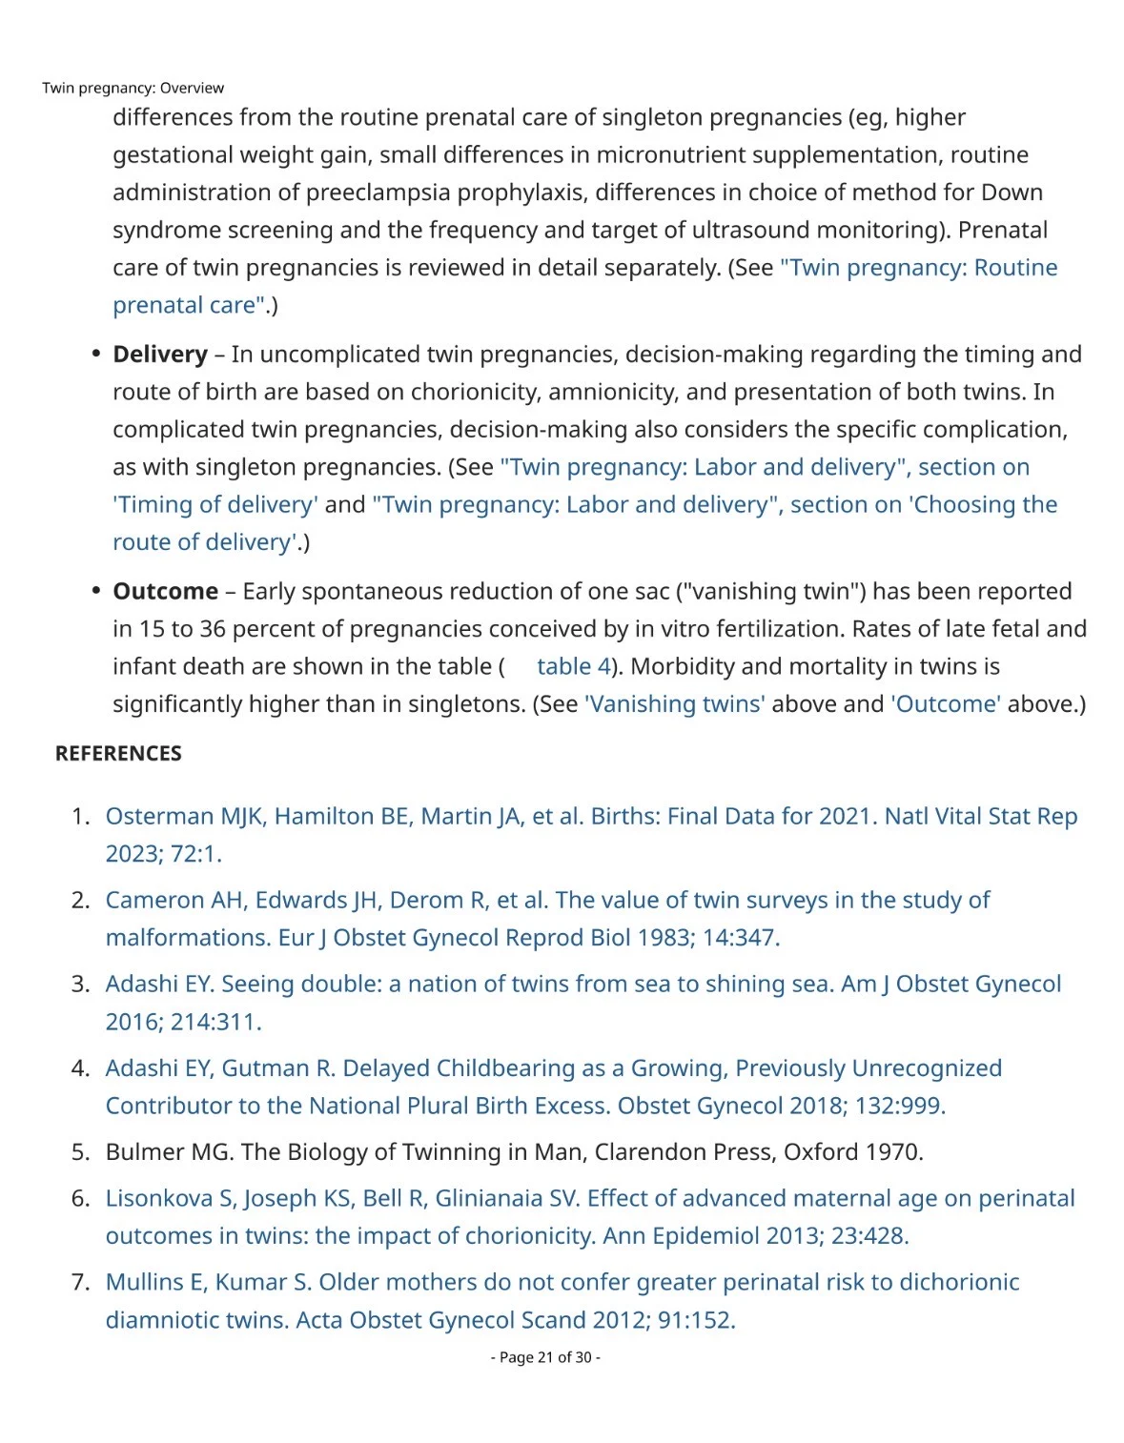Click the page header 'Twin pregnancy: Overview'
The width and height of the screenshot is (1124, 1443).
pyautogui.click(x=133, y=88)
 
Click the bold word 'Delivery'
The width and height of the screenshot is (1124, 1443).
pyautogui.click(x=160, y=355)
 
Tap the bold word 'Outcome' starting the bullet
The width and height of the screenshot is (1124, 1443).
pyautogui.click(x=165, y=591)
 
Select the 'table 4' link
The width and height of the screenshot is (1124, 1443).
pyautogui.click(x=573, y=666)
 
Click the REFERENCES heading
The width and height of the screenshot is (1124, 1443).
pyautogui.click(x=118, y=754)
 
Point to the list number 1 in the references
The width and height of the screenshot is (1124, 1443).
pyautogui.click(x=80, y=817)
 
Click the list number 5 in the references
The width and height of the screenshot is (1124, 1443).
pyautogui.click(x=80, y=1152)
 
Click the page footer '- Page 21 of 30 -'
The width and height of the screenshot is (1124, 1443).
pyautogui.click(x=545, y=1357)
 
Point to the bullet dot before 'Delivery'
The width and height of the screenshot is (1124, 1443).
pyautogui.click(x=95, y=354)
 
